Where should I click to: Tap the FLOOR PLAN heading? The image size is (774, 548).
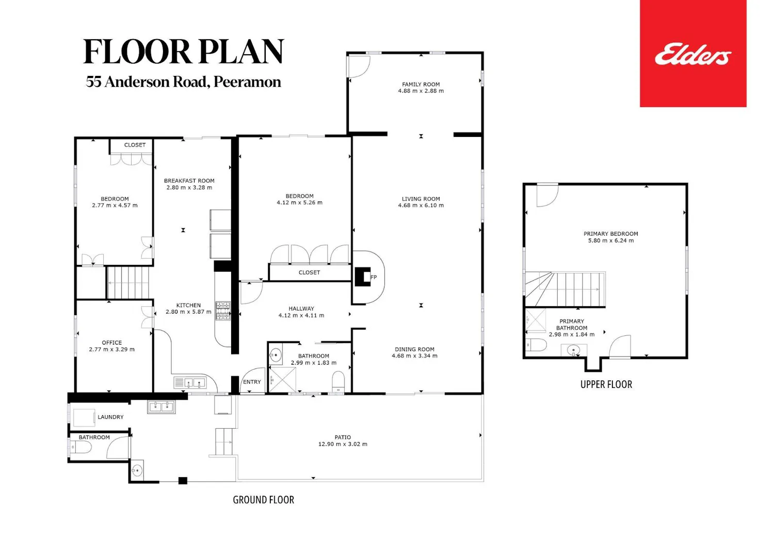point(184,51)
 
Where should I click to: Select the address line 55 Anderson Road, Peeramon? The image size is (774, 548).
point(184,82)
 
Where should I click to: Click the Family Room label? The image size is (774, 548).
point(421,84)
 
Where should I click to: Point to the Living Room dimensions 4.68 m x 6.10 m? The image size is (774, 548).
point(421,205)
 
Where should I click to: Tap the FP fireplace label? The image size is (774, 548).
point(374,277)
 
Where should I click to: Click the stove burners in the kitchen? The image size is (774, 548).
point(223,311)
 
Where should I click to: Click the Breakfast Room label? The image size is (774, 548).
point(189,181)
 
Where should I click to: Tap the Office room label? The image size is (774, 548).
point(111,342)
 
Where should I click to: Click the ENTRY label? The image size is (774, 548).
point(252,382)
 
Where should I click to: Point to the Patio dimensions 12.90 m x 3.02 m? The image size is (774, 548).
point(343,444)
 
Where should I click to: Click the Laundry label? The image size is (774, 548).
point(110,417)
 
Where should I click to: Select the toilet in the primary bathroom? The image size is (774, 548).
point(536,345)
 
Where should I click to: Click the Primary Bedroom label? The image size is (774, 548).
point(611,233)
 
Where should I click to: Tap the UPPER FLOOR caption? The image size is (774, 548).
point(606,384)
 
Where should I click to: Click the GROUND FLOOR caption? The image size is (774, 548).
point(263,500)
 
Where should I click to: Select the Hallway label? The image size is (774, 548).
point(301,308)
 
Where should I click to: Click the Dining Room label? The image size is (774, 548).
point(415,349)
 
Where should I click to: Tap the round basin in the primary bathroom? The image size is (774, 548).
point(574,350)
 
